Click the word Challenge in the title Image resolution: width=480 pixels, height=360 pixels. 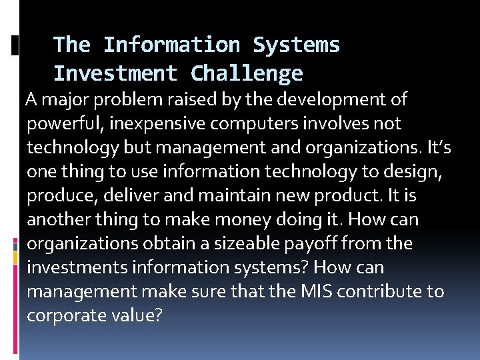[247, 73]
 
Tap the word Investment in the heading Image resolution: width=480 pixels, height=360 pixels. [115, 73]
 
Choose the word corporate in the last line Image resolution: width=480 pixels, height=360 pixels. [60, 316]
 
